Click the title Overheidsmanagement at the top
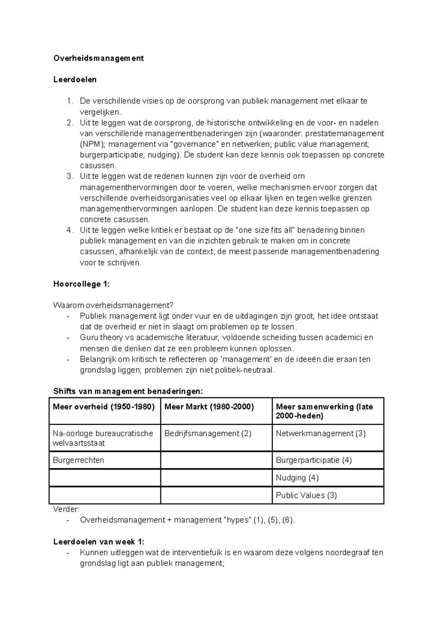98,58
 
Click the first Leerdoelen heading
75,79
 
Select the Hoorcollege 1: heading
82,284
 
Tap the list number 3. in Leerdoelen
70,176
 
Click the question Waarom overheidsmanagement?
113,305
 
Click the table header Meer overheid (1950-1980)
104,407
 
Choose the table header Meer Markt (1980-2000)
209,407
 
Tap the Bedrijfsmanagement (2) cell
208,434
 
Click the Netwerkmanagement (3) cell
320,434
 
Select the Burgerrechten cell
78,460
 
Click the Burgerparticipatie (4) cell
313,460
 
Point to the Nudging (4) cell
297,478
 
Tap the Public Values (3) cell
306,495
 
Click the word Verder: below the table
66,509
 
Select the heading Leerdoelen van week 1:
99,542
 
